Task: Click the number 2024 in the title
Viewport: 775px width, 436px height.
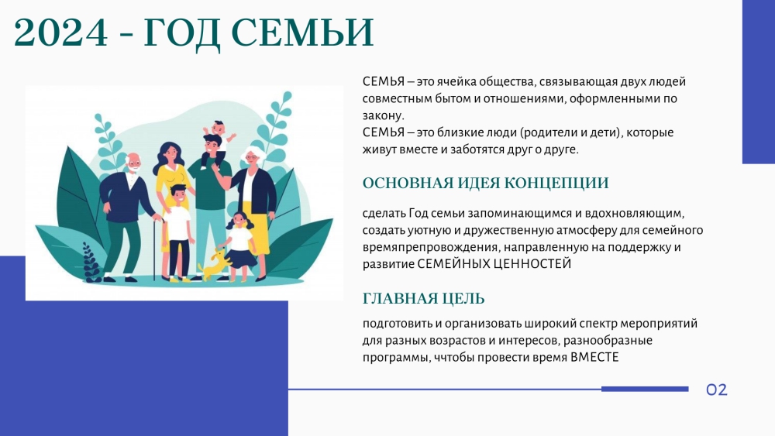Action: point(60,33)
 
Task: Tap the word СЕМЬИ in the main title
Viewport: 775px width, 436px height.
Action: point(302,33)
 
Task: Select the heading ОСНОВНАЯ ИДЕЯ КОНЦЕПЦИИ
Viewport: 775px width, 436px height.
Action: point(485,184)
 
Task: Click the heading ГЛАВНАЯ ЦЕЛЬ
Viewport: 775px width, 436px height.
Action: point(424,299)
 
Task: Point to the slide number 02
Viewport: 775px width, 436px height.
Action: point(717,390)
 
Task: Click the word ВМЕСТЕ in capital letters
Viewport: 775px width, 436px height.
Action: point(594,357)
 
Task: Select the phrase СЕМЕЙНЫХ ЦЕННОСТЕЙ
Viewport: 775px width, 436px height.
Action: point(494,263)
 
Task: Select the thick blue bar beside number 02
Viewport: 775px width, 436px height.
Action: point(645,389)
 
